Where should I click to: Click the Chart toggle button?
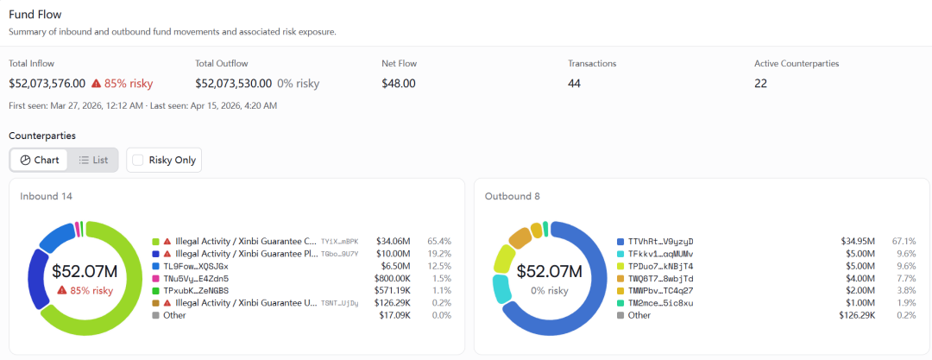click(x=39, y=160)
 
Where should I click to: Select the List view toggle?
click(x=93, y=160)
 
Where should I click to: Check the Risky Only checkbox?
click(x=138, y=160)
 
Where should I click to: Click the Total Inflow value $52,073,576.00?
click(x=47, y=83)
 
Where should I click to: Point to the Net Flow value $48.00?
click(x=398, y=83)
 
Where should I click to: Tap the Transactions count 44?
click(x=574, y=83)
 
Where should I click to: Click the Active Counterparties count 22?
click(x=761, y=83)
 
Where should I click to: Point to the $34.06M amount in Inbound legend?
click(x=393, y=242)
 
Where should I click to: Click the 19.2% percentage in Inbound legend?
click(x=439, y=254)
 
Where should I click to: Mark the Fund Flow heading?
click(x=35, y=14)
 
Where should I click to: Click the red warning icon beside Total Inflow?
click(x=97, y=83)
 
